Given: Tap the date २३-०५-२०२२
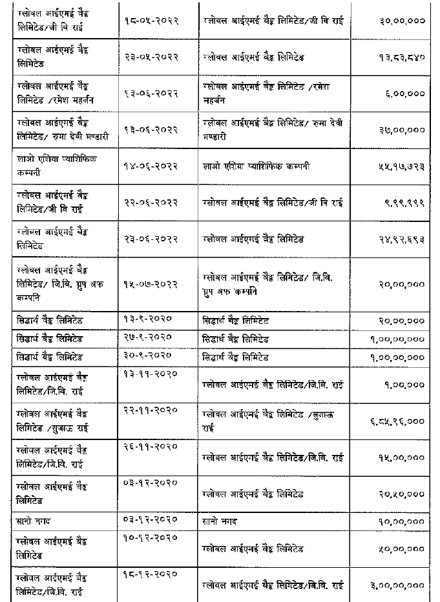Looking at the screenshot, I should [151, 57].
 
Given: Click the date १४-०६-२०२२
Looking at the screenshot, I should [151, 166].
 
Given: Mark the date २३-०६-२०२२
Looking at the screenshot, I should [151, 239].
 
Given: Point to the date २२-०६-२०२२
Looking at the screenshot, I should [151, 203].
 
